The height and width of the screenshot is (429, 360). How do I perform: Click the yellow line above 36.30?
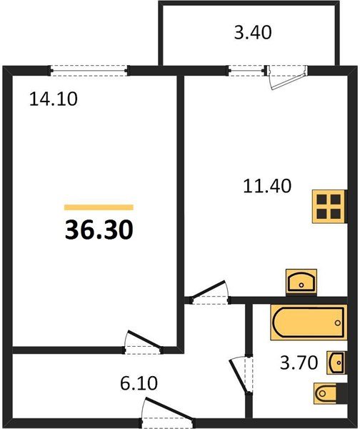coord(99,207)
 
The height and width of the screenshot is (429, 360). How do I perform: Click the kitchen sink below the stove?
coord(302,282)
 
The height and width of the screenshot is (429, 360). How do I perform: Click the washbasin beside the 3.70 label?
coord(336,363)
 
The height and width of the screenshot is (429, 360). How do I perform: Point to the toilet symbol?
coord(329,393)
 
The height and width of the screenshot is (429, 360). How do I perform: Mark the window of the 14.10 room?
coord(89,70)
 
